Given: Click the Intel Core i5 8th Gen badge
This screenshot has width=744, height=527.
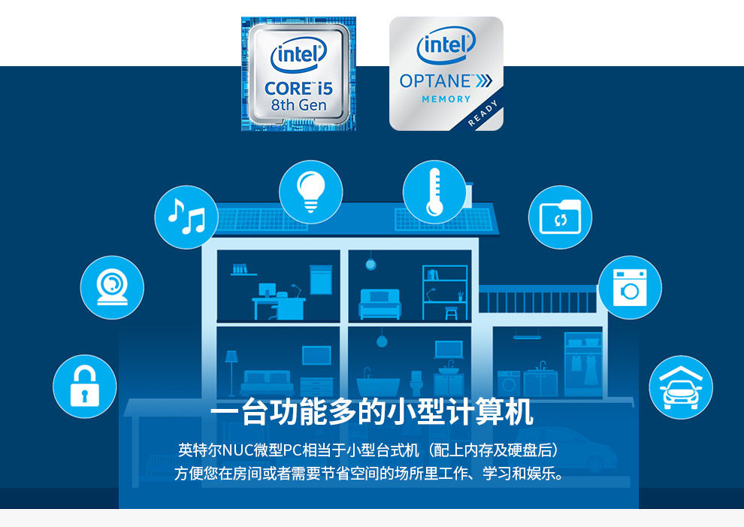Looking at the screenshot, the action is tap(298, 74).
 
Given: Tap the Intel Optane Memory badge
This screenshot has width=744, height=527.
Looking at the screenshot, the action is tap(446, 74).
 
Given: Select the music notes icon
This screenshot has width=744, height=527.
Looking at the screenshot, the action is tap(186, 217).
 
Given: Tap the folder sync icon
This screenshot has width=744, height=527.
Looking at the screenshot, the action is tap(560, 218).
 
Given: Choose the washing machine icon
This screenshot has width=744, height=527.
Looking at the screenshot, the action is tap(629, 288).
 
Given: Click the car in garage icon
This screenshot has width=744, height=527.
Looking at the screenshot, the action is tap(680, 387).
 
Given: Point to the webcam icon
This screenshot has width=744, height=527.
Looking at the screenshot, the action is tap(112, 287).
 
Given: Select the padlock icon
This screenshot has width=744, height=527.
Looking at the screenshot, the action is tap(84, 387).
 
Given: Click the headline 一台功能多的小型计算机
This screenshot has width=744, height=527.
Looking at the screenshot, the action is tap(371, 413).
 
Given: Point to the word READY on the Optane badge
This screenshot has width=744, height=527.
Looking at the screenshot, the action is tap(482, 114).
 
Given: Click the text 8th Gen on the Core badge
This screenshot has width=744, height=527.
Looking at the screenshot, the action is tap(298, 105).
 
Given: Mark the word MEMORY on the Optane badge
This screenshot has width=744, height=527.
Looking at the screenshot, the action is tap(446, 99).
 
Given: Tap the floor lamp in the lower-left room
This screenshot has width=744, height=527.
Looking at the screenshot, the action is tap(231, 368).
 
